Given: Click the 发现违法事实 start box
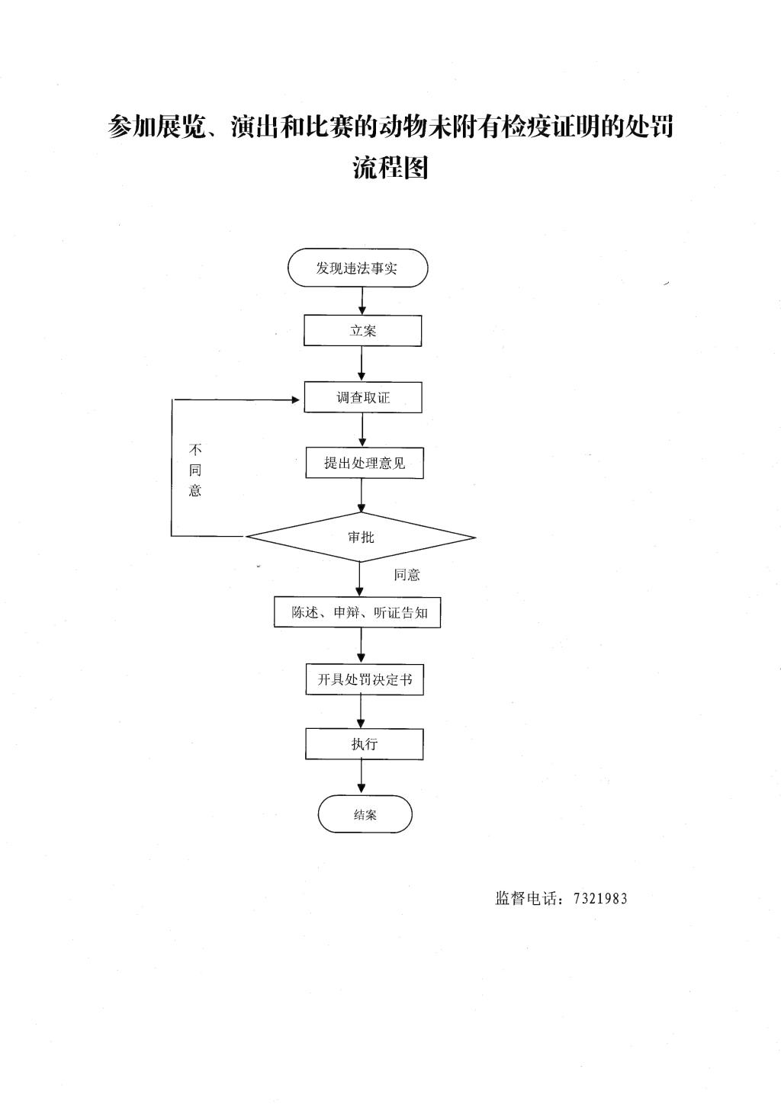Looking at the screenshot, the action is coord(358,268).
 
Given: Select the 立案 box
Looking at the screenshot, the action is coord(362,330).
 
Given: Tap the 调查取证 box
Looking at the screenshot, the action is coord(363,396).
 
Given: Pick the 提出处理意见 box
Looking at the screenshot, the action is coord(365,462).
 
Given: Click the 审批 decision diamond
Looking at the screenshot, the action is coord(361,537).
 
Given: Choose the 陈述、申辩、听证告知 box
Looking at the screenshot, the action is coord(357,612).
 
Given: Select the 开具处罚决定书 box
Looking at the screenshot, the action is coord(365,679).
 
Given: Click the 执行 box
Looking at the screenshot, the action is coord(365,743).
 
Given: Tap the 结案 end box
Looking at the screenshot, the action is coord(365,814).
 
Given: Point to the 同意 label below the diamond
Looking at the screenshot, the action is coord(407,575).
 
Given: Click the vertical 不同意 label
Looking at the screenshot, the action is coord(195,470).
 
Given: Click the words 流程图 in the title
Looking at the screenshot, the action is coord(390,168).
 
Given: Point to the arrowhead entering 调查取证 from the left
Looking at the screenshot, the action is coord(296,400).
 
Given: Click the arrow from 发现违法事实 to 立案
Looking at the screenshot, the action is coord(362,301).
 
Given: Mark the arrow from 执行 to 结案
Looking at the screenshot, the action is coord(362,777).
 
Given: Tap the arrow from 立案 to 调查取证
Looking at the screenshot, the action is coord(362,364).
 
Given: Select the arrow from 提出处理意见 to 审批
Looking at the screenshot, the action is coord(362,496).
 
